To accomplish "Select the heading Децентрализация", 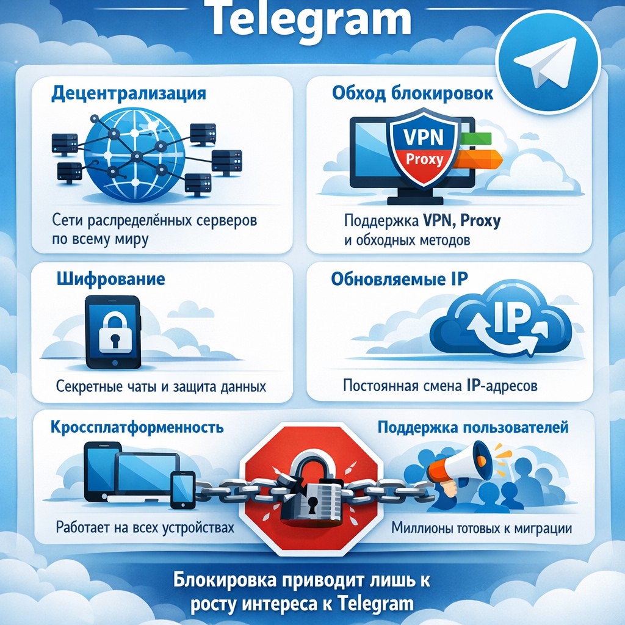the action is (x=128, y=95).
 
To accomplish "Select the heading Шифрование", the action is (x=111, y=280).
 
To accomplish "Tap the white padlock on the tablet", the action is (x=113, y=333).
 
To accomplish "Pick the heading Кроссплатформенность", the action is (x=137, y=427).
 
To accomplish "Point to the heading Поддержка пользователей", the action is (x=473, y=427).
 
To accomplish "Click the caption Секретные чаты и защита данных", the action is (x=161, y=387).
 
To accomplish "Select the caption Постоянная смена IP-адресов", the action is (x=439, y=386).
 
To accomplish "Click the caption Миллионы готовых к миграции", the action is (x=482, y=528).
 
